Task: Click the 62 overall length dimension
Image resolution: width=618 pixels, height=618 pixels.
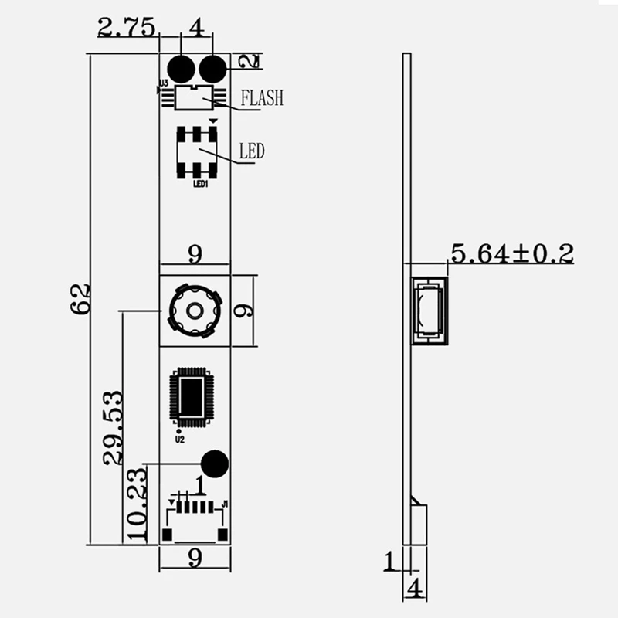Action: (x=81, y=297)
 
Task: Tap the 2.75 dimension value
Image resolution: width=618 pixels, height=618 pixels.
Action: (x=127, y=28)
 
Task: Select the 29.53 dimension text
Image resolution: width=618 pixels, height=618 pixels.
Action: (x=114, y=427)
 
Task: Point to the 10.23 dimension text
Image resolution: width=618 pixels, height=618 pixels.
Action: (x=136, y=504)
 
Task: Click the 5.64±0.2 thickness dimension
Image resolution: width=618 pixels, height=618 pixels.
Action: (x=512, y=253)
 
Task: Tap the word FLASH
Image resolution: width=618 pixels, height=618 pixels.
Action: (x=262, y=98)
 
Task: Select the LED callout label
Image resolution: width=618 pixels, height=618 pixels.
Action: (x=252, y=151)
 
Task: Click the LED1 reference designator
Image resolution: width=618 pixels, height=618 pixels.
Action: (x=199, y=184)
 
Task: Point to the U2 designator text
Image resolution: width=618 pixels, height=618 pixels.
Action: (x=180, y=439)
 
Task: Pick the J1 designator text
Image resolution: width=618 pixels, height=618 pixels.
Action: (x=225, y=504)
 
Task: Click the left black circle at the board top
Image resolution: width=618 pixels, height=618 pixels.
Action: (x=182, y=69)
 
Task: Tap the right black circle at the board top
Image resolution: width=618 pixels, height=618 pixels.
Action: (x=212, y=69)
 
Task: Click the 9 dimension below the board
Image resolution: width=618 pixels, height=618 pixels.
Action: (x=195, y=559)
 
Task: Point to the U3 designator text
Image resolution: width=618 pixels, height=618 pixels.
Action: (x=163, y=82)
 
